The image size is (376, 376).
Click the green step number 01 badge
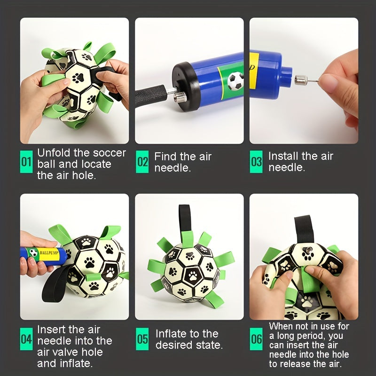click(x=26, y=162)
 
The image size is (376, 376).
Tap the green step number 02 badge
click(x=142, y=162)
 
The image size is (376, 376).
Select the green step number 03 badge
click(x=256, y=162)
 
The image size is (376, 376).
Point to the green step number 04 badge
click(x=26, y=339)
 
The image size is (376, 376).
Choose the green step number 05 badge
click(x=142, y=339)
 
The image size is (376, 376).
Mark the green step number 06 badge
click(x=256, y=339)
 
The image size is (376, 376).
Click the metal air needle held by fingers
click(x=306, y=79)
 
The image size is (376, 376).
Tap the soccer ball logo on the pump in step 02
click(x=235, y=81)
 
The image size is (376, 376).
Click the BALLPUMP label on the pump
click(x=49, y=253)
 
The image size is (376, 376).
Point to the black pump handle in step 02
click(x=150, y=95)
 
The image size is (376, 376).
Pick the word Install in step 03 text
click(x=283, y=156)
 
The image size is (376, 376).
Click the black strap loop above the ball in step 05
click(x=185, y=218)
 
